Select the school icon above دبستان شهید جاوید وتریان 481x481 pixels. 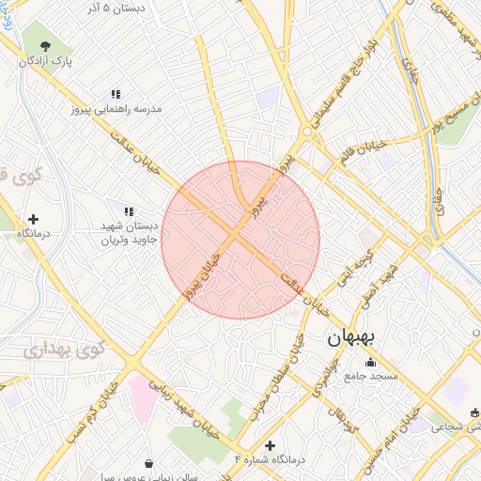[128, 212]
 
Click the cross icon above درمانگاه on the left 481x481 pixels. [34, 218]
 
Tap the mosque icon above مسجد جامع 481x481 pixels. [370, 363]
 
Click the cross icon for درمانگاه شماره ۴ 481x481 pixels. [271, 445]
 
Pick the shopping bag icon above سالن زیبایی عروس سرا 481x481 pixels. [149, 462]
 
